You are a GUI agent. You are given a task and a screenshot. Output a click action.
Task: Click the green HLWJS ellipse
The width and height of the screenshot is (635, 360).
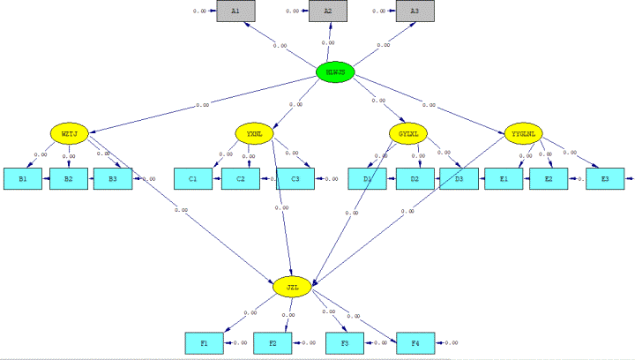(335, 72)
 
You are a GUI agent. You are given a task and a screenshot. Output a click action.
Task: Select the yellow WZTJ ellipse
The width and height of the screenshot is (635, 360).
(69, 134)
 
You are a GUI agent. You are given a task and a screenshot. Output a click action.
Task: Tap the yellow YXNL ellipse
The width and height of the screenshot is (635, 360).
(254, 134)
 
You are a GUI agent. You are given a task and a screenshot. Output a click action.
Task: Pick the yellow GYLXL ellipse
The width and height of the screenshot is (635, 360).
(407, 134)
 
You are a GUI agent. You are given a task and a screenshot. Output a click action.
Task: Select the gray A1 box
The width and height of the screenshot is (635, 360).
(235, 11)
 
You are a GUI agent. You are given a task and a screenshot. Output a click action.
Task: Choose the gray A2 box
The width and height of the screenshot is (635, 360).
(328, 11)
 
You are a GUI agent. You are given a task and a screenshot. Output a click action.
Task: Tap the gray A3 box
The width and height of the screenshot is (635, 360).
(415, 11)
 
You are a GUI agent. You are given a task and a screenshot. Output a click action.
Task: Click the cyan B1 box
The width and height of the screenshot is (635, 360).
(22, 179)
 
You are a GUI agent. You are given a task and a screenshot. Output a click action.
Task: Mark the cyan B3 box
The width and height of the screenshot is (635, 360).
(113, 179)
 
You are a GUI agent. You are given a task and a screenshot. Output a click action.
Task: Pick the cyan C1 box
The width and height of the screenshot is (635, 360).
(192, 179)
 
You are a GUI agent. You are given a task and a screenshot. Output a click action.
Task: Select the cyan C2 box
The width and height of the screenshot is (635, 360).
(239, 179)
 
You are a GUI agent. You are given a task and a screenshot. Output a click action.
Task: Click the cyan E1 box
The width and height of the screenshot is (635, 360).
(504, 179)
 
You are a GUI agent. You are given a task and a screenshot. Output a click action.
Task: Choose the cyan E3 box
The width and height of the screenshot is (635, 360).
(604, 179)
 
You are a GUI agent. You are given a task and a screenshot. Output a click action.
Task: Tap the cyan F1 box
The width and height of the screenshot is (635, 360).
(204, 342)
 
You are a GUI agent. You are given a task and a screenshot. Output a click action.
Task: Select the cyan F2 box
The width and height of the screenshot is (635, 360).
(273, 342)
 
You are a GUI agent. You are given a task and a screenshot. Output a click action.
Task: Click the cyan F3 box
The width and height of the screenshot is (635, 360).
(344, 342)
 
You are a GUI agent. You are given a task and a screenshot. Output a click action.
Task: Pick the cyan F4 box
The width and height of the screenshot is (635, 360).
(415, 342)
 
